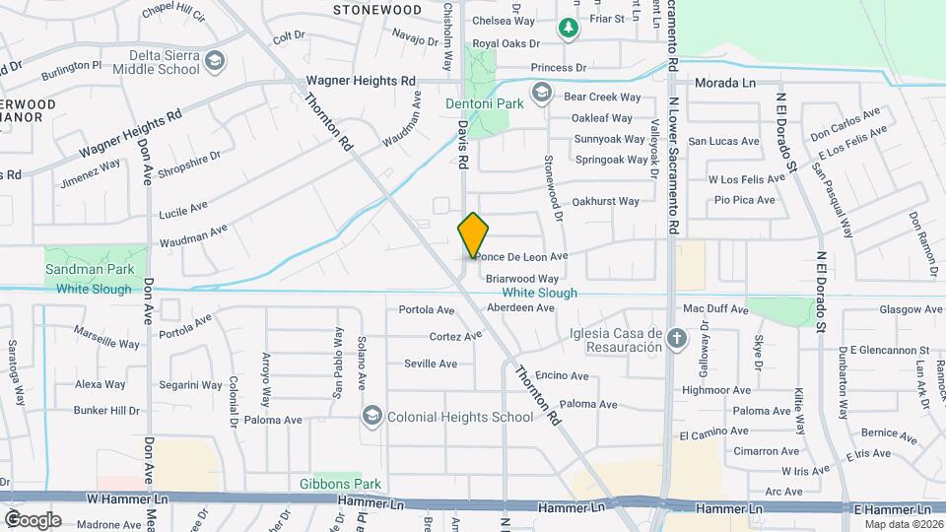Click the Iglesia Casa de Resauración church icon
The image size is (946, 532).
pyautogui.click(x=677, y=340)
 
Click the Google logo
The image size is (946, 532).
pyautogui.click(x=33, y=519)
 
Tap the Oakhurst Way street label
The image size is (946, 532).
pyautogui.click(x=605, y=201)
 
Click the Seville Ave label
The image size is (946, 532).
pyautogui.click(x=431, y=364)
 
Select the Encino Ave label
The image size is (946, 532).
pyautogui.click(x=563, y=375)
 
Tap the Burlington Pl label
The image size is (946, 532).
pyautogui.click(x=71, y=70)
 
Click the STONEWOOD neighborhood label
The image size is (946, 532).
pyautogui.click(x=376, y=9)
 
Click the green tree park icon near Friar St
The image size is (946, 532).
pyautogui.click(x=568, y=29)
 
